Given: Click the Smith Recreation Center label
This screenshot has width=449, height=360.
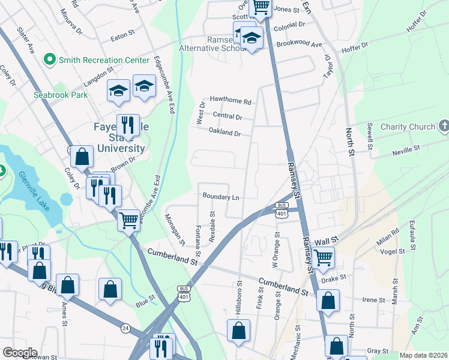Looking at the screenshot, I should tap(103, 60).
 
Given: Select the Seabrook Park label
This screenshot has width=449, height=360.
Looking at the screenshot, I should tap(61, 95).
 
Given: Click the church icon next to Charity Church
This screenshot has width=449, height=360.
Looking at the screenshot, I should tap(443, 126).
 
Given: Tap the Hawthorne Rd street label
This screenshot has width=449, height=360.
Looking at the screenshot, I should tap(230, 100).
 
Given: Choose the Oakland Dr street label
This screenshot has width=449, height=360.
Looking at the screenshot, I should tap(225, 132).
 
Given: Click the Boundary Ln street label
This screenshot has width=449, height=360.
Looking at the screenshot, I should tap(221, 196).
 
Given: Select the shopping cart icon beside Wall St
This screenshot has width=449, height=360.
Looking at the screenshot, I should tap(323, 257).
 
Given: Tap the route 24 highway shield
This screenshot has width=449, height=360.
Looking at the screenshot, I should tap(125, 328).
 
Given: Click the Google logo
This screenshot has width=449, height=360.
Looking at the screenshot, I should tap(20, 353).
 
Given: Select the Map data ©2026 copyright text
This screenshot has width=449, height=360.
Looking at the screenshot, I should tap(423, 355).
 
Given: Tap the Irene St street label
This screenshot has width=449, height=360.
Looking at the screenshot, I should tap(373, 300).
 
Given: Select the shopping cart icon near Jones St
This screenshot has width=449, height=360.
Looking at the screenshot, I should tap(261, 7).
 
